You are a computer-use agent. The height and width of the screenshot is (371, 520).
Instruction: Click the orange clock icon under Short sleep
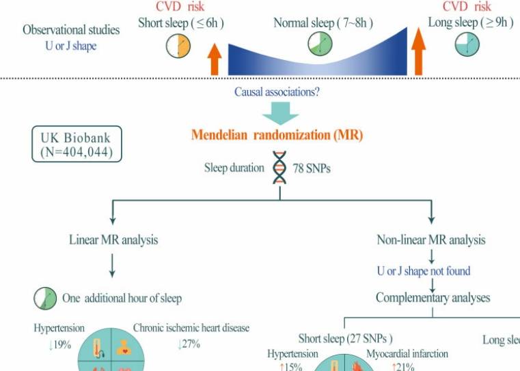[179, 46]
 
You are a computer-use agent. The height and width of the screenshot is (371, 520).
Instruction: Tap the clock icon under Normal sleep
[320, 46]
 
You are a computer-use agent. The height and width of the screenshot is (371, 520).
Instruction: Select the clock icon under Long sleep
[468, 46]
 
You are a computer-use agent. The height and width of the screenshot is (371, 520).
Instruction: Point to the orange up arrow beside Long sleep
[420, 52]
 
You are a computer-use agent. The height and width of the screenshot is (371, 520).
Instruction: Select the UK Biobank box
[77, 144]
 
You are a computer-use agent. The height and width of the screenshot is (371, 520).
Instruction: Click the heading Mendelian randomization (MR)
[277, 135]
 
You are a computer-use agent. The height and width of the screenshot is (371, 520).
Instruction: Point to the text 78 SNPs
[312, 168]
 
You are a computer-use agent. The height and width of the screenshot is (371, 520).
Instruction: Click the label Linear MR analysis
[113, 240]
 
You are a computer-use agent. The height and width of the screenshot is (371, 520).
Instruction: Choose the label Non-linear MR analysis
[431, 240]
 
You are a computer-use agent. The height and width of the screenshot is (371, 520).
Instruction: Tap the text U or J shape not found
[424, 271]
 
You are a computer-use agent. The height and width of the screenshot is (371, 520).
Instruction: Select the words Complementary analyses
[433, 298]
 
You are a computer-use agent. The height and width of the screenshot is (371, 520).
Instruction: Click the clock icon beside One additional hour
[44, 298]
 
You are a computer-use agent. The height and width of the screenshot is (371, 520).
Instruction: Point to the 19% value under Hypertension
[60, 344]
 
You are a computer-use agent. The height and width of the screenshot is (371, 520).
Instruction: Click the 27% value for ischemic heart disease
[189, 344]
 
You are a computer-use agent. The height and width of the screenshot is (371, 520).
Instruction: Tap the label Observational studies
[71, 30]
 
